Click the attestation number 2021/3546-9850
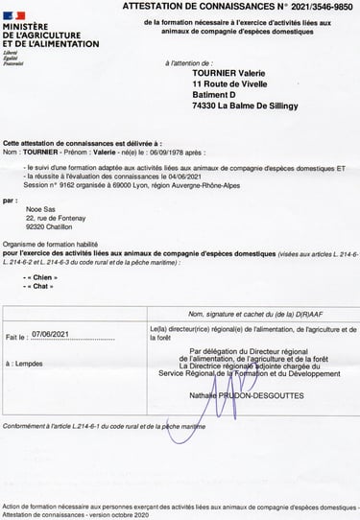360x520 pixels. [322, 7]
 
